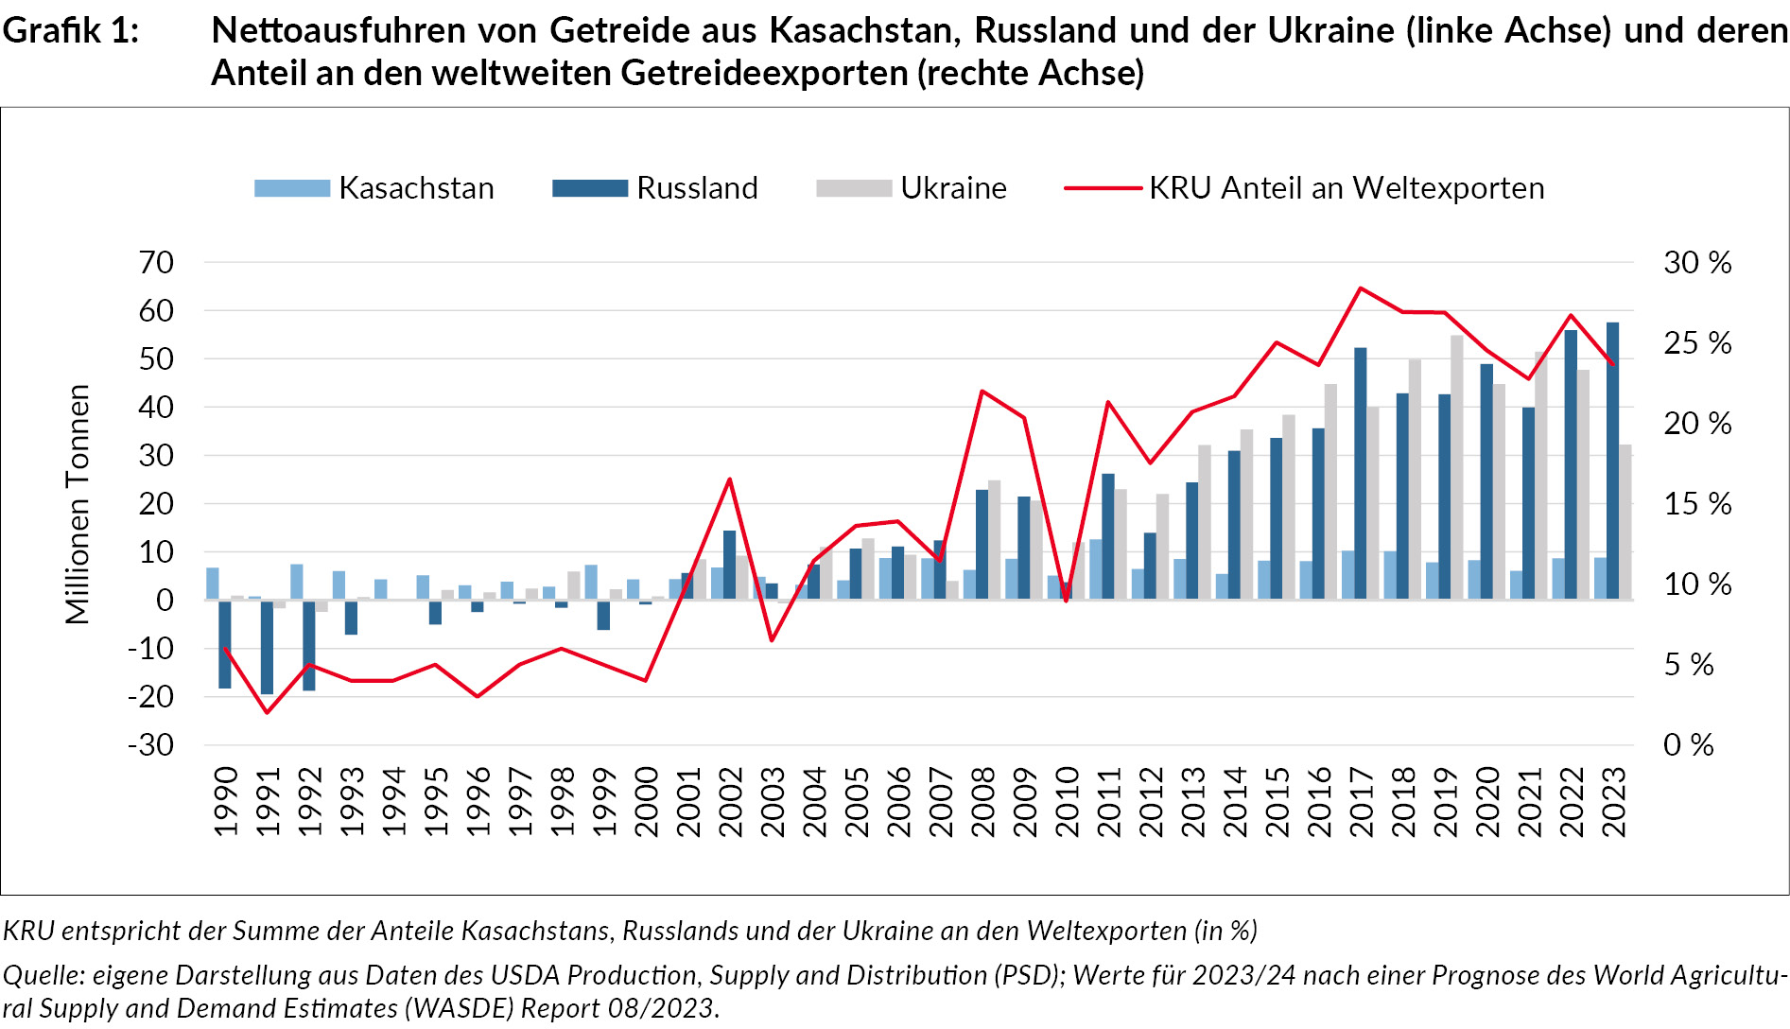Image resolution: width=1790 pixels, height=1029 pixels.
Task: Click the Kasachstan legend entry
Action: (x=374, y=188)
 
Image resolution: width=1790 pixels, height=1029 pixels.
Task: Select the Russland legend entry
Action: (x=655, y=188)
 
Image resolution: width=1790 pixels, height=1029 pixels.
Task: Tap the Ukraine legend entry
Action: (x=912, y=188)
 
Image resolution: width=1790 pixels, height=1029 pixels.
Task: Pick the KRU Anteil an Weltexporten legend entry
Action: (x=1305, y=188)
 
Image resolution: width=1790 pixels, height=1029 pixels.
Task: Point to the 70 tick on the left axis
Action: (x=156, y=262)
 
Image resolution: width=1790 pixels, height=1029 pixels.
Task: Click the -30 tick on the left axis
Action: (x=151, y=744)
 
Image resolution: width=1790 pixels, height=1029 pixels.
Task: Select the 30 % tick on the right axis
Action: (x=1697, y=262)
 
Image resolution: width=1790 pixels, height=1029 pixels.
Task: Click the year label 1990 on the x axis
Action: (x=226, y=801)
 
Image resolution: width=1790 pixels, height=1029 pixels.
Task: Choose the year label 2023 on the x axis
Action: (x=1614, y=801)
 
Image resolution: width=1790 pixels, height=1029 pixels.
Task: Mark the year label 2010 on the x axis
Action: (x=1068, y=801)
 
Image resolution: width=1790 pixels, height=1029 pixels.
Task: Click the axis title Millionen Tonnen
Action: (x=77, y=503)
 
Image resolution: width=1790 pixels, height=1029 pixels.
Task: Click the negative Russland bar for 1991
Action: (x=267, y=647)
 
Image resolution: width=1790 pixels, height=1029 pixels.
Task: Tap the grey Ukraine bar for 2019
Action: (x=1457, y=467)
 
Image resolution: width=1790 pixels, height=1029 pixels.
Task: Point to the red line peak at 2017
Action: (x=1360, y=288)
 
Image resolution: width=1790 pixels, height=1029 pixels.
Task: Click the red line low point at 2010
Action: (x=1067, y=600)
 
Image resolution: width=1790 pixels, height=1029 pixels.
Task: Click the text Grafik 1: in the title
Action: (x=71, y=31)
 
